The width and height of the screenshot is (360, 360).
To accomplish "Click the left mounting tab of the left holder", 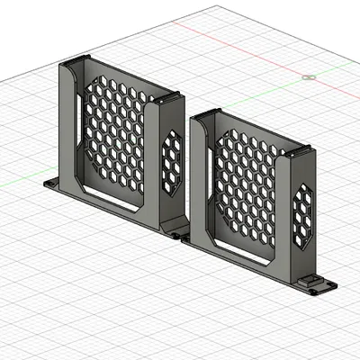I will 53,184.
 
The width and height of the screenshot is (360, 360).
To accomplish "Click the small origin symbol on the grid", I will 309,77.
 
